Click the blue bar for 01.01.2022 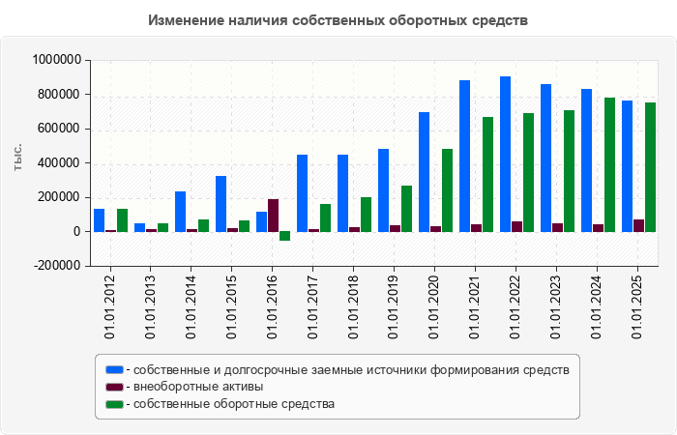coord(505,154)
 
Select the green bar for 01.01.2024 coord(609,164)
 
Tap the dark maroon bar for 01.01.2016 coord(273,216)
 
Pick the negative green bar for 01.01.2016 coord(284,236)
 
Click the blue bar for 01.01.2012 coord(99,220)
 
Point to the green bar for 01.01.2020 coord(447,190)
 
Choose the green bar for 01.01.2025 coord(650,167)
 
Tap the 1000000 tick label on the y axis coord(54,60)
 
